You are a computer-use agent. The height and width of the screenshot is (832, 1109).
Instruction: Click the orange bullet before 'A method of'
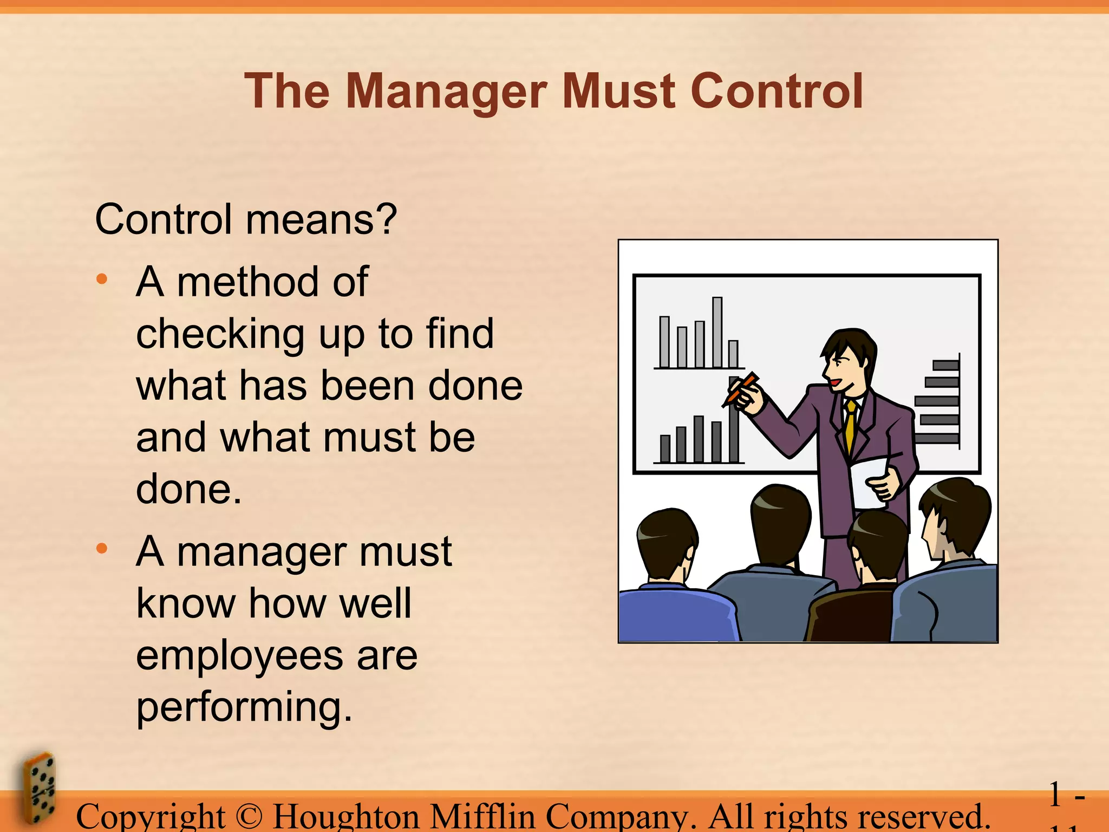(x=102, y=279)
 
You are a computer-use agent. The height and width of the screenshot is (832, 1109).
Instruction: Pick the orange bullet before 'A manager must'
(x=102, y=549)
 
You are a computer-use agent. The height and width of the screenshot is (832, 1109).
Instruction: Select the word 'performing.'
(x=244, y=707)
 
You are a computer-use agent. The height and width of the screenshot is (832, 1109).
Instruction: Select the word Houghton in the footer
(x=346, y=817)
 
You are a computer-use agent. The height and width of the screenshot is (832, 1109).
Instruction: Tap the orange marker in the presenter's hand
(x=742, y=388)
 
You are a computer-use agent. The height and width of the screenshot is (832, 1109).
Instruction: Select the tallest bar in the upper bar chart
(x=717, y=332)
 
